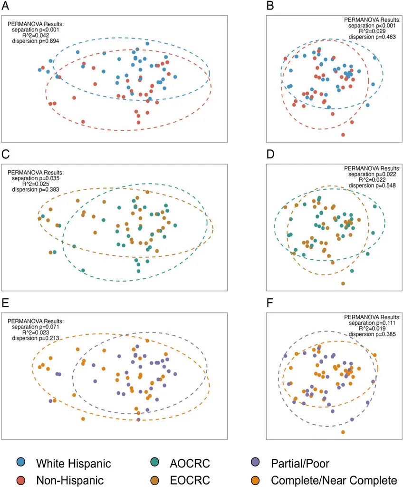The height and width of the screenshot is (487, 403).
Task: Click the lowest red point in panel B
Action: pyautogui.click(x=343, y=135)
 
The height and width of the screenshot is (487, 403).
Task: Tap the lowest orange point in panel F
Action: pyautogui.click(x=343, y=432)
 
